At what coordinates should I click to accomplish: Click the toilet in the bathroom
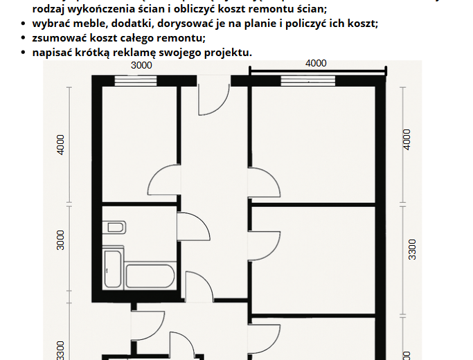pos(116,228)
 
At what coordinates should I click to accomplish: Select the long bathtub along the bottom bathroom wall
pos(148,276)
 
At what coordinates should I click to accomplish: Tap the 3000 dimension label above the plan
pos(141,65)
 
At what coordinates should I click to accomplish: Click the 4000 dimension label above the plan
pos(316,63)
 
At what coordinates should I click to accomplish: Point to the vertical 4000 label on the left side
pos(60,144)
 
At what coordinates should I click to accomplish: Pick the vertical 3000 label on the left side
pos(60,244)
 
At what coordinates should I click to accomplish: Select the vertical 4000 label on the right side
pos(407,139)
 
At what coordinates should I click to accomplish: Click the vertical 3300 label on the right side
pos(411,249)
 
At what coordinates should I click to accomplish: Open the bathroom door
pos(194,226)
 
